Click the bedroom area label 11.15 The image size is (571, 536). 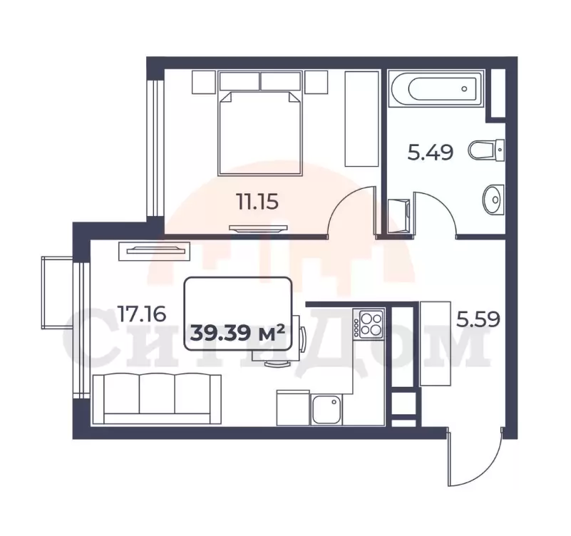(257, 202)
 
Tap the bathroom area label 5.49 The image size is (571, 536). (430, 152)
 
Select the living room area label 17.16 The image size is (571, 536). (142, 314)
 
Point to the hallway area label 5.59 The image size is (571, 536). (478, 319)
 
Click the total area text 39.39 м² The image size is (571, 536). (237, 333)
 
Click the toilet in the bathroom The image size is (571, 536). (486, 150)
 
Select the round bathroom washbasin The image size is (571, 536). (493, 199)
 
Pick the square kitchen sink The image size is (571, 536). (326, 410)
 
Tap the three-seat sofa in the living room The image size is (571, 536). (157, 399)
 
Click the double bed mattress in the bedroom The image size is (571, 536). (260, 133)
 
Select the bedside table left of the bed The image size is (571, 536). (204, 82)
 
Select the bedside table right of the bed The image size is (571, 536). (316, 82)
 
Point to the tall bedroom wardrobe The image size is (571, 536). (361, 119)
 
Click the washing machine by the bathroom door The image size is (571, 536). (398, 215)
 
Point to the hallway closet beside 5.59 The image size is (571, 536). (436, 344)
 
